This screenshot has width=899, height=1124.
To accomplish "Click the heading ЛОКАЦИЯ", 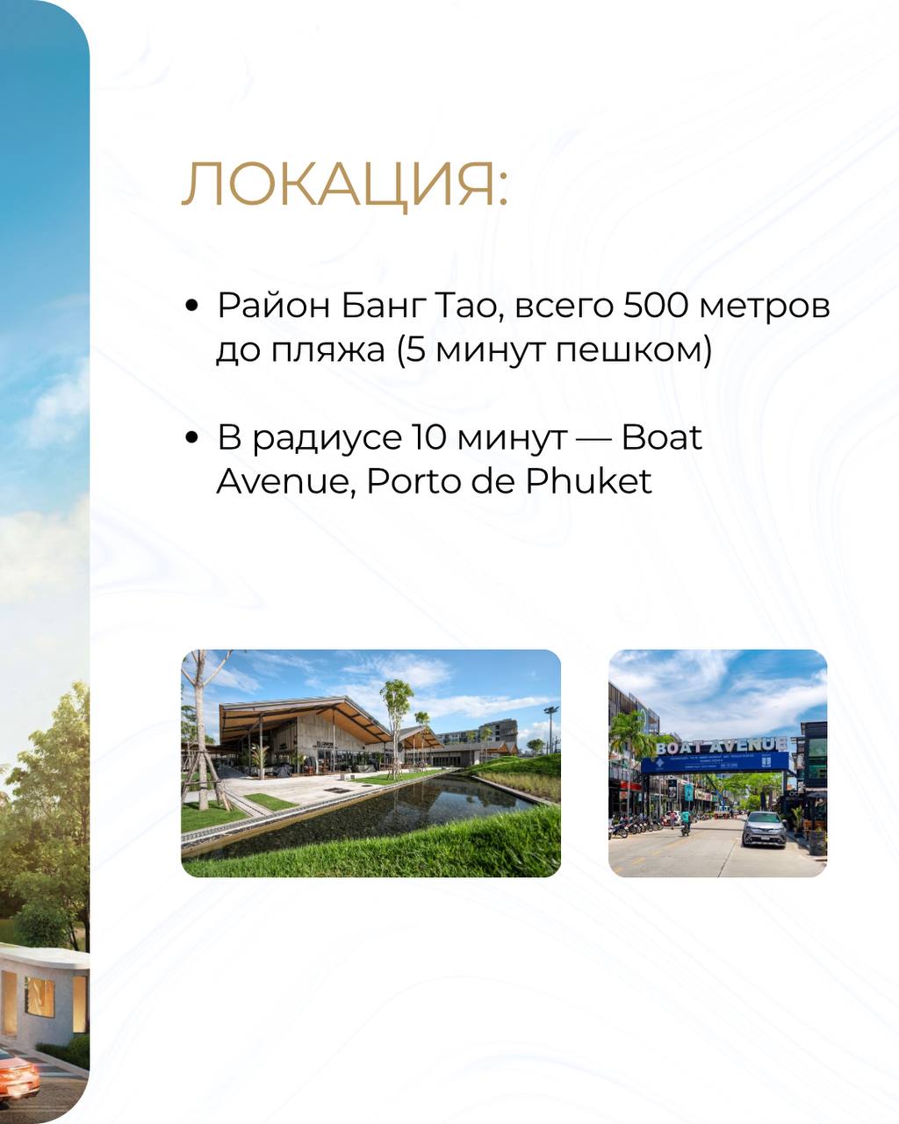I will tap(345, 184).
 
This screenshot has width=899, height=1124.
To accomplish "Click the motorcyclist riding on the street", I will tap(686, 822).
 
